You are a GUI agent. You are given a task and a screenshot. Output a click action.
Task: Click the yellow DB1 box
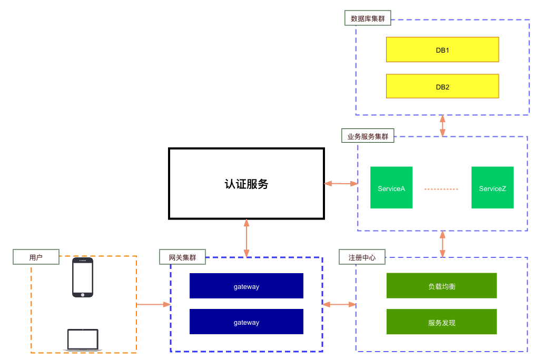pyautogui.click(x=442, y=49)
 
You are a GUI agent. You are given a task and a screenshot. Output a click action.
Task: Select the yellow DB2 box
pyautogui.click(x=442, y=86)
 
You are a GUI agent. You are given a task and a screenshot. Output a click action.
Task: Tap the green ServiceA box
pyautogui.click(x=391, y=188)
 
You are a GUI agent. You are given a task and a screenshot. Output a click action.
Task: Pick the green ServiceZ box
pyautogui.click(x=492, y=188)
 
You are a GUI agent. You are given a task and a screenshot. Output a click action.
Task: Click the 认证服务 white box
pyautogui.click(x=247, y=184)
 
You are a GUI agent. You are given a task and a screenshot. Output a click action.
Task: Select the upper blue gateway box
pyautogui.click(x=247, y=286)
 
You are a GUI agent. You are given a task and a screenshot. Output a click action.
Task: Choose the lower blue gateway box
pyautogui.click(x=247, y=322)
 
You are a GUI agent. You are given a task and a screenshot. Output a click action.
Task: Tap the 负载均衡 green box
pyautogui.click(x=442, y=286)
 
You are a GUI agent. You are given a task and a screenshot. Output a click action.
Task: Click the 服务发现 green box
pyautogui.click(x=442, y=322)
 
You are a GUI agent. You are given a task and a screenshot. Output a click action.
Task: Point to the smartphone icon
pyautogui.click(x=83, y=277)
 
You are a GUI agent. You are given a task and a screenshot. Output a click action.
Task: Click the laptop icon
pyautogui.click(x=83, y=340)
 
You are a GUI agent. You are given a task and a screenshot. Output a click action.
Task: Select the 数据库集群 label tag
pyautogui.click(x=368, y=18)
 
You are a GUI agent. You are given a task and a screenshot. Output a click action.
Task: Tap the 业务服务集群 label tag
pyautogui.click(x=368, y=136)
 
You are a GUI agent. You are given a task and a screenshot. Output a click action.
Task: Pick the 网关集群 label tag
pyautogui.click(x=182, y=257)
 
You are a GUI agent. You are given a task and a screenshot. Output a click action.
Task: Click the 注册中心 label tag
pyautogui.click(x=362, y=257)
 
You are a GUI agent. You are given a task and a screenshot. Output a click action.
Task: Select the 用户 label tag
pyautogui.click(x=36, y=257)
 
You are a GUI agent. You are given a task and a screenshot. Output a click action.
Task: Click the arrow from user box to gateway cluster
pyautogui.click(x=153, y=304)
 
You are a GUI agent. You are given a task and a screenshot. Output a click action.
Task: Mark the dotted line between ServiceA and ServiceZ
pyautogui.click(x=441, y=189)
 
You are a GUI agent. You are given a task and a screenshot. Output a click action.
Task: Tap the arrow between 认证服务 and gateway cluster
pyautogui.click(x=247, y=237)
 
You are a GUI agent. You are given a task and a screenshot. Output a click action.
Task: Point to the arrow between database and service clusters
pyautogui.click(x=442, y=126)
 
